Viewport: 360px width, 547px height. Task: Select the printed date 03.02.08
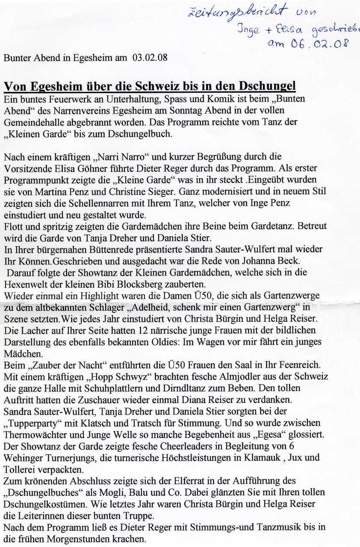(x=150, y=58)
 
